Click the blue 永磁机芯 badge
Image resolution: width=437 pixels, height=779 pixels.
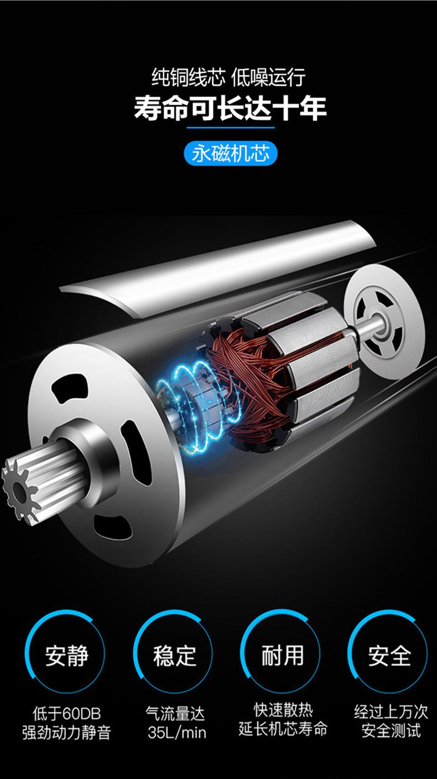tap(230, 153)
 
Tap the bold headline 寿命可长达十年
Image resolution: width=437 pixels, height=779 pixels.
tap(230, 108)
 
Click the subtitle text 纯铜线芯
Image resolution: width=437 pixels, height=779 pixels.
tap(188, 77)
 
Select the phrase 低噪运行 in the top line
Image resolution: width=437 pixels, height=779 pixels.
tap(268, 77)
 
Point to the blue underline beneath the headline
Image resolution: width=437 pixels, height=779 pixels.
tap(230, 128)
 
